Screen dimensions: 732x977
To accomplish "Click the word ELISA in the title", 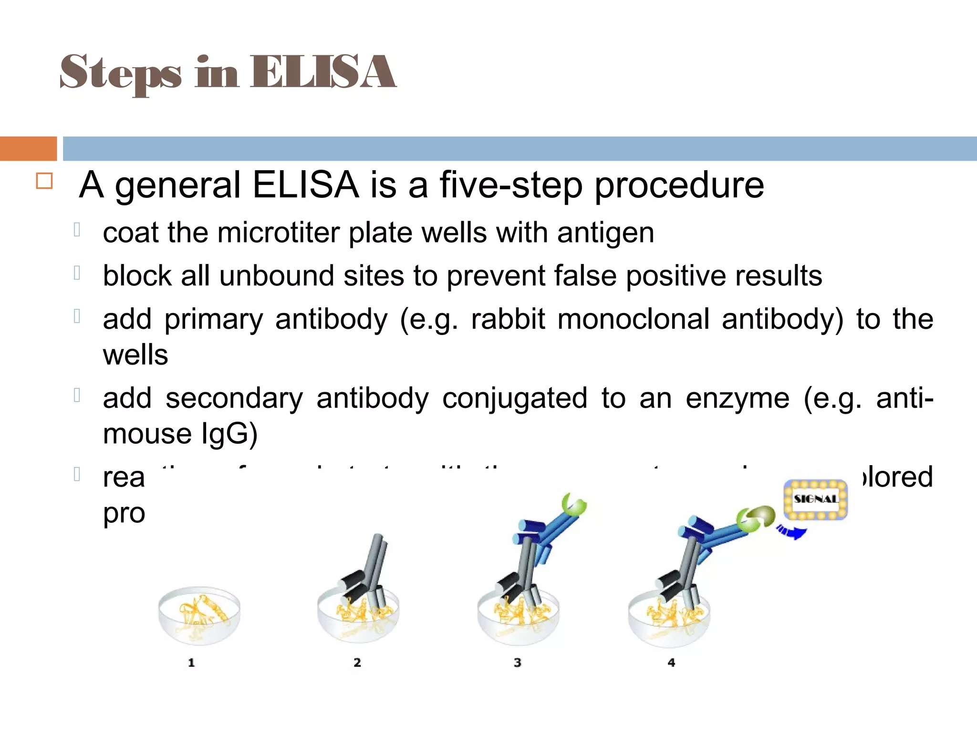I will (x=323, y=72).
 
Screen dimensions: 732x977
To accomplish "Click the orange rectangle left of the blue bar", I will (x=28, y=149).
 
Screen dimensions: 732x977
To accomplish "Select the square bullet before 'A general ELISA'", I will (x=44, y=181).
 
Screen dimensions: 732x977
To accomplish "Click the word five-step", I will (x=510, y=185).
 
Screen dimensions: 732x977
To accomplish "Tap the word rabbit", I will (x=508, y=319).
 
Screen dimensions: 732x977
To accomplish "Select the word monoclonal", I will (x=633, y=319).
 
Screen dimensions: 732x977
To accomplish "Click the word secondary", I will (x=234, y=398).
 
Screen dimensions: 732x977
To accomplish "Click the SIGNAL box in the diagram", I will (x=816, y=499).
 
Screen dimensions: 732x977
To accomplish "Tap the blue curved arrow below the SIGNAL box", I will (x=792, y=531).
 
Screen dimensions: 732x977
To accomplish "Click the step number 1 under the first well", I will (x=191, y=662).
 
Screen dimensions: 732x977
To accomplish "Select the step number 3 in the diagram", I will (x=518, y=662).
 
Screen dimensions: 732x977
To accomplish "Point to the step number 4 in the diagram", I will (x=671, y=662).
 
